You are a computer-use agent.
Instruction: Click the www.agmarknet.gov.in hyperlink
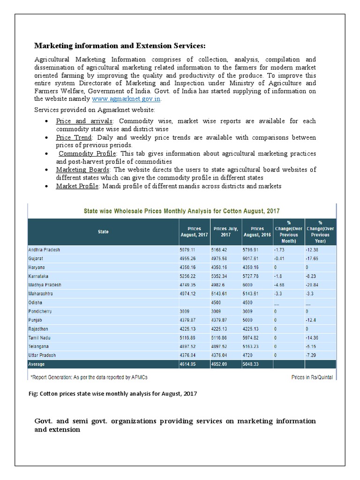pyautogui.click(x=126, y=99)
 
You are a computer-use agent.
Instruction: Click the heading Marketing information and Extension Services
pyautogui.click(x=120, y=45)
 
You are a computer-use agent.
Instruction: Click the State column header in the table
pyautogui.click(x=103, y=232)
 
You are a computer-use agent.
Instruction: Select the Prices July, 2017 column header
pyautogui.click(x=225, y=232)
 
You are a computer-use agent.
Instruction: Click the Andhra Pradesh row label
pyautogui.click(x=45, y=250)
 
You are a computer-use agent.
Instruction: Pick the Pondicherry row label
pyautogui.click(x=42, y=311)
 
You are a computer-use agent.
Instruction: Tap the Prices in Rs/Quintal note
pyautogui.click(x=311, y=376)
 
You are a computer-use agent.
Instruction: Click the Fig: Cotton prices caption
pyautogui.click(x=113, y=394)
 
